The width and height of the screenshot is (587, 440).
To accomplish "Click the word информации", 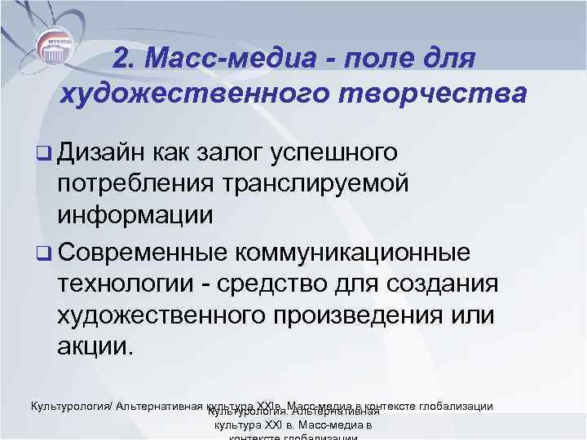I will coord(135,216).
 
